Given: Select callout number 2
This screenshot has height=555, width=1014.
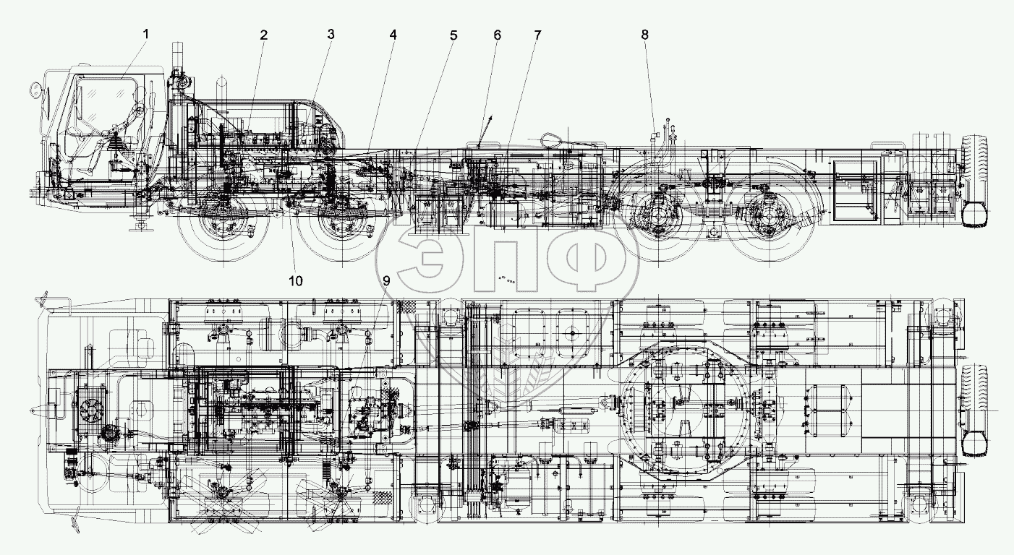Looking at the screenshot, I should click(264, 35).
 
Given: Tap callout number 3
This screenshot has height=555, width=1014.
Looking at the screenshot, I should click(330, 35).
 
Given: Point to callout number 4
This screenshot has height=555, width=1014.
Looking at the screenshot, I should click(393, 35).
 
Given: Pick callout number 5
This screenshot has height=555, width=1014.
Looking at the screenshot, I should click(453, 35).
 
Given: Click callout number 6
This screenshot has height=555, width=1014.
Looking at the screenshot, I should click(497, 35).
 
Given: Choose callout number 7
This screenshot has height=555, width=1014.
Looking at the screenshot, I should click(537, 35).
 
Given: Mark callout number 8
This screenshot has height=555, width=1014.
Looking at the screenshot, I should click(645, 35).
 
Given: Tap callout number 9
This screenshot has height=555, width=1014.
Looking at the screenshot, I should click(386, 280).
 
